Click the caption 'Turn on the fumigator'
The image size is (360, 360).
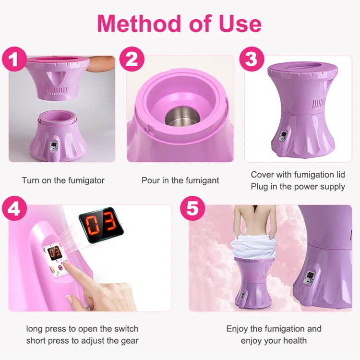pos(63,180)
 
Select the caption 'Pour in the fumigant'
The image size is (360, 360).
pos(180,180)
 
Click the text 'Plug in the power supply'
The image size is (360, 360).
pos(298,187)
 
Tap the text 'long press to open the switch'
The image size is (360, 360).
pos(82,329)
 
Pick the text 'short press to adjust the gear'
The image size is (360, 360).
pos(82,341)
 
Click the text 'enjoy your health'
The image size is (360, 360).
pos(274,341)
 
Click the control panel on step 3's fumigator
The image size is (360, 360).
pos(284,136)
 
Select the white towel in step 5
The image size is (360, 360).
pos(253,249)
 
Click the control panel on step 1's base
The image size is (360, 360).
pos(54,145)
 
